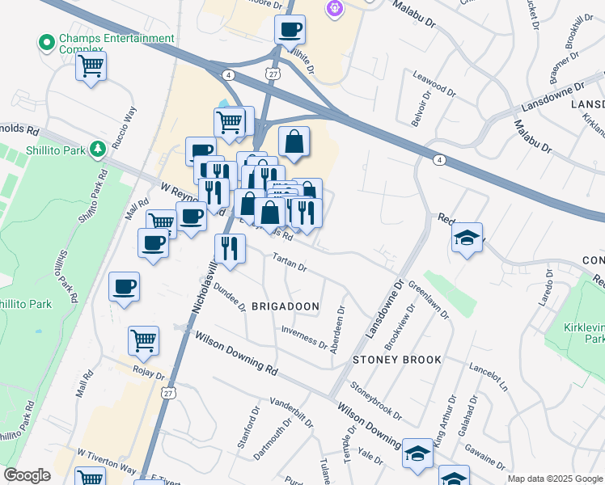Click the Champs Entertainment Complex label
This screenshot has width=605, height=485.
[115, 44]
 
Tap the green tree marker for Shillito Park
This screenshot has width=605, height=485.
[98, 149]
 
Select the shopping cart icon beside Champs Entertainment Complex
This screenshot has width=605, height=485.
[91, 66]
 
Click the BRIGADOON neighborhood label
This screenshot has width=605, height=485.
[286, 307]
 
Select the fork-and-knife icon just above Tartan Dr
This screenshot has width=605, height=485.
[230, 249]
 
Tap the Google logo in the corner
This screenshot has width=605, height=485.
[27, 475]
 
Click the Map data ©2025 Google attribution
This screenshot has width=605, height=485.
[555, 479]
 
